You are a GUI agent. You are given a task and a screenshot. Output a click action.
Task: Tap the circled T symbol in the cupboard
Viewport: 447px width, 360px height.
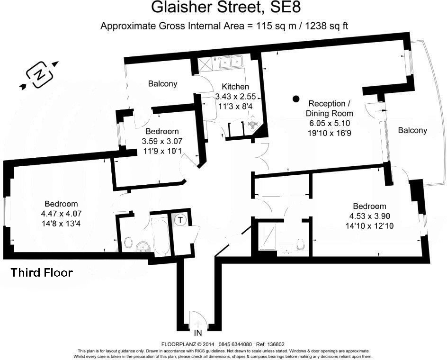point(180,220)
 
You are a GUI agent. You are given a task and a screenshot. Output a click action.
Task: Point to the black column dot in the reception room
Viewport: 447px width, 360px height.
point(296,99)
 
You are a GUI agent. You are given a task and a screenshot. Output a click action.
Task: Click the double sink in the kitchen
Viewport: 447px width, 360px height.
point(231,62)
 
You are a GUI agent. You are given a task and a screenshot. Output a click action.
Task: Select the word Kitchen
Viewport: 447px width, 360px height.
point(235,87)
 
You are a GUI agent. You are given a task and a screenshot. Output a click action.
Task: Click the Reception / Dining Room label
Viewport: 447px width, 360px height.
point(330,108)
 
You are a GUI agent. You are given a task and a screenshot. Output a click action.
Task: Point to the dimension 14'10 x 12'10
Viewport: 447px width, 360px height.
point(369,226)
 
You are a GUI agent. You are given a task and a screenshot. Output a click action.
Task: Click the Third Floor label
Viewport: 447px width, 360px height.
point(42,273)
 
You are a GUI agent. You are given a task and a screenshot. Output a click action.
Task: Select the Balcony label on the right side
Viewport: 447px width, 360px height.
point(412,130)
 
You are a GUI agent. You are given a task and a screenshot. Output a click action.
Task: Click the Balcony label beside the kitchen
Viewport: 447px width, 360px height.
point(162,84)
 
